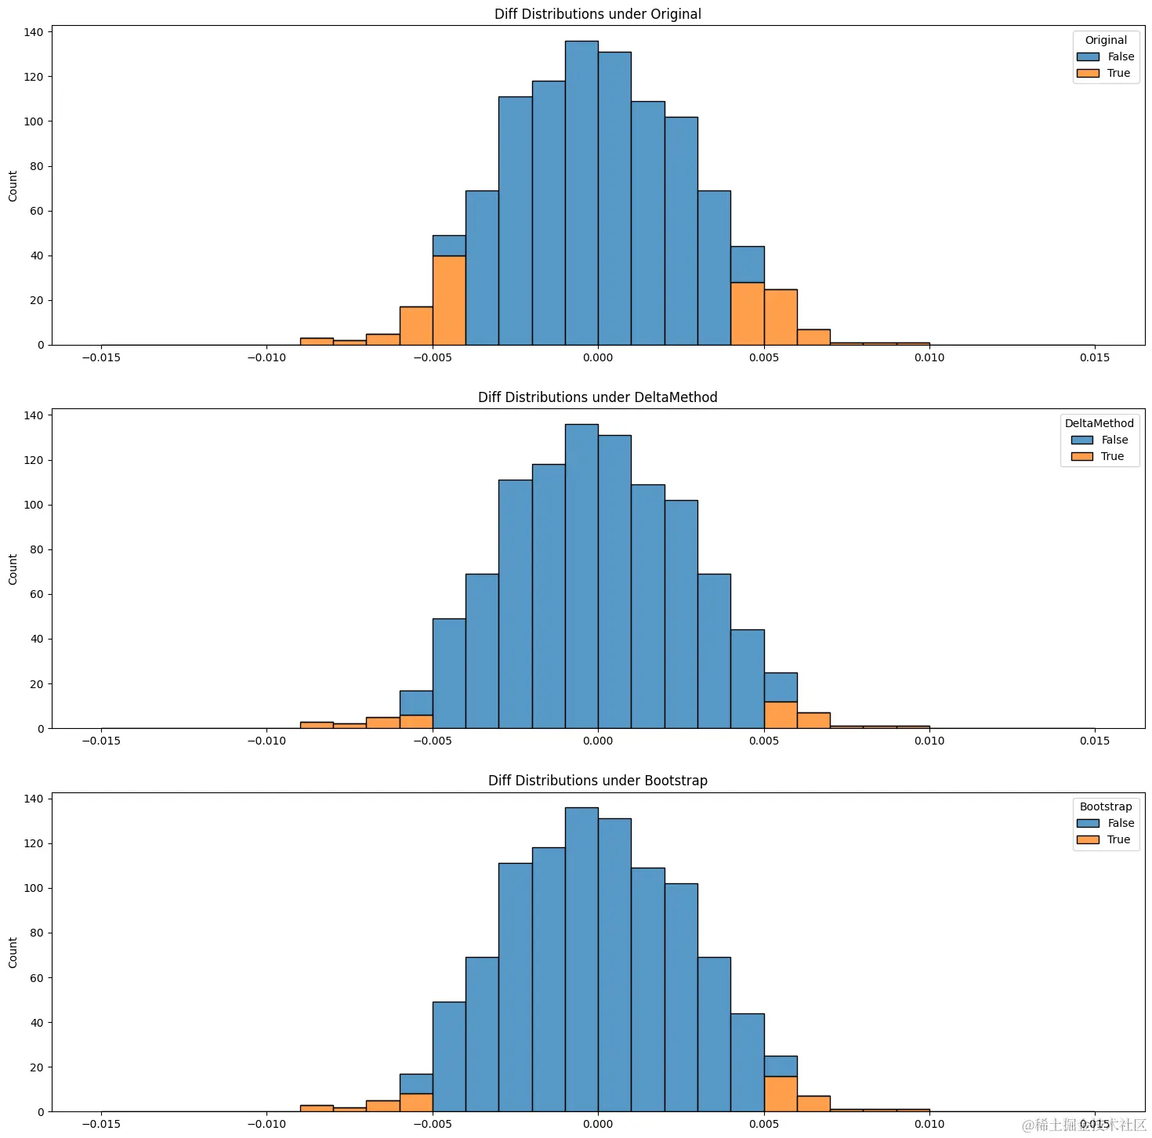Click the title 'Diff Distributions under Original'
click(x=597, y=14)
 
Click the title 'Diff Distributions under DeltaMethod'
click(x=597, y=397)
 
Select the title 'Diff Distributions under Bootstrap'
click(x=597, y=781)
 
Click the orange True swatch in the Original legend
click(x=1088, y=74)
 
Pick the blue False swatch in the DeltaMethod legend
click(x=1081, y=440)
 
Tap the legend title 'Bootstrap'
click(x=1105, y=806)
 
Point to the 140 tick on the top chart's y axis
click(x=33, y=32)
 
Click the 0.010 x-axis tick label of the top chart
click(x=929, y=358)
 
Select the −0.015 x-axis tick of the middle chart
click(x=101, y=741)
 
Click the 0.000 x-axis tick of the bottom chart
click(x=597, y=1125)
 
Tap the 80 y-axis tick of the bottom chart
click(x=36, y=933)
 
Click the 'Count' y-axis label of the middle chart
click(x=13, y=569)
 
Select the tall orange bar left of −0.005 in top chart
click(x=449, y=300)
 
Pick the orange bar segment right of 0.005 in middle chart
click(x=781, y=715)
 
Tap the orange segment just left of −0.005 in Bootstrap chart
click(x=416, y=1103)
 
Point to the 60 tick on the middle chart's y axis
click(x=36, y=594)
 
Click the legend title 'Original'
click(x=1105, y=40)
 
